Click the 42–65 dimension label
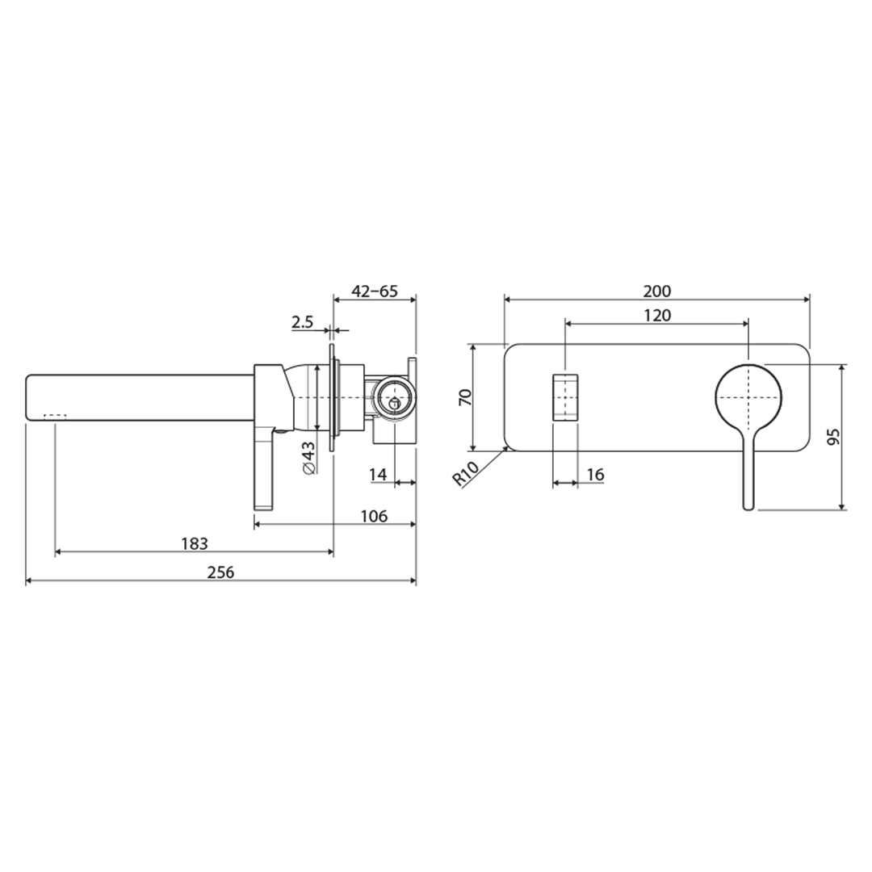[x=375, y=291]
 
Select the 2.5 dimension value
[x=302, y=323]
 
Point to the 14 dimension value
[x=378, y=475]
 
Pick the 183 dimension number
[x=194, y=543]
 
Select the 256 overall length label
[x=220, y=572]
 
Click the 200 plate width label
[x=657, y=291]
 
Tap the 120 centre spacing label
[x=657, y=315]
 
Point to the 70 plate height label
[x=464, y=397]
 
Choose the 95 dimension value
[x=834, y=437]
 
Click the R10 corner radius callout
[x=466, y=472]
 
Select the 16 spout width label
[x=595, y=475]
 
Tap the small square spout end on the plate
[x=565, y=397]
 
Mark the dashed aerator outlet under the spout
[x=55, y=416]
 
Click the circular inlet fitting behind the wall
[x=394, y=397]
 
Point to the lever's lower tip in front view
[x=748, y=505]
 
